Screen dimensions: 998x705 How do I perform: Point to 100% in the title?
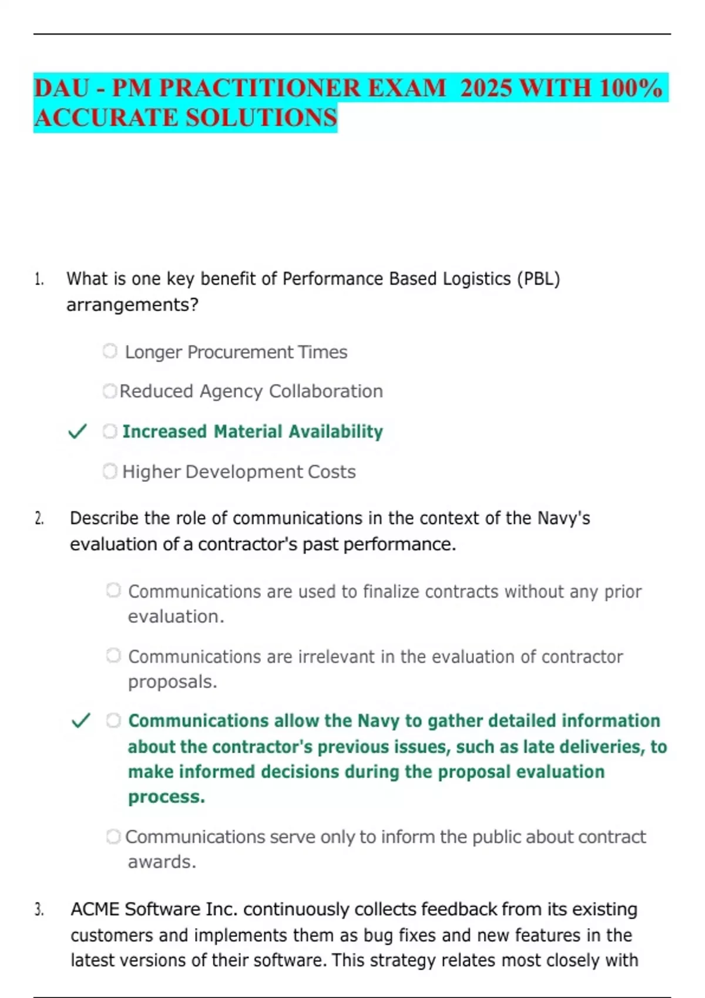coord(631,88)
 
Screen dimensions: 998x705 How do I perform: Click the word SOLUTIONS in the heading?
coord(261,117)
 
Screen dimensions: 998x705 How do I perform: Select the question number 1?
coord(39,279)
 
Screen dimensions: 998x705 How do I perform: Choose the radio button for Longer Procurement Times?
coord(110,351)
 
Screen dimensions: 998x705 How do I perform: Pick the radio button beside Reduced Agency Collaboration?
coord(109,391)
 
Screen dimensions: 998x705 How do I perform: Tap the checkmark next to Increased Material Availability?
coord(78,431)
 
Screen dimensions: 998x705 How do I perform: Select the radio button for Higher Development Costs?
coord(110,471)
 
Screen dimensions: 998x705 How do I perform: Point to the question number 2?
coord(39,518)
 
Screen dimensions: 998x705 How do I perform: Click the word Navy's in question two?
coord(563,518)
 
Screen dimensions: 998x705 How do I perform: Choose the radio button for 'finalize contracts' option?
coord(113,590)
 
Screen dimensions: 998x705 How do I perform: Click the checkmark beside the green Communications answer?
coord(80,720)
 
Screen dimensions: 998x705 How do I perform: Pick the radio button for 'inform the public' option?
coord(113,837)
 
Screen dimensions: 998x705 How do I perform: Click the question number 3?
coord(39,910)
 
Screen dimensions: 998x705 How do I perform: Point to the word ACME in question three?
coord(95,909)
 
